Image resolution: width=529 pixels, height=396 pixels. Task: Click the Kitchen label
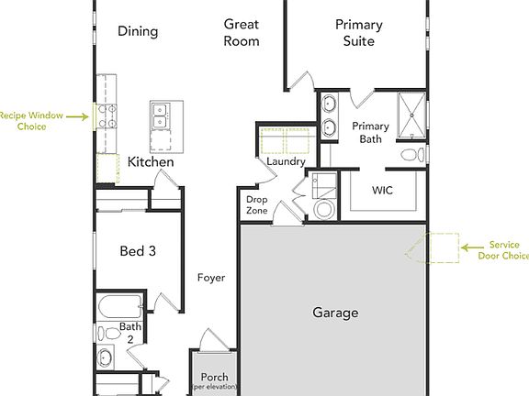(x=151, y=162)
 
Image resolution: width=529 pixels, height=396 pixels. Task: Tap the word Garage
(x=335, y=313)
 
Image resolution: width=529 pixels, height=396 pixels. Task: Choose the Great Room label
(x=242, y=32)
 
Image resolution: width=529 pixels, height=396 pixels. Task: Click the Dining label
(x=138, y=31)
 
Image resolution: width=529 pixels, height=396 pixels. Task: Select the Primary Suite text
(x=358, y=32)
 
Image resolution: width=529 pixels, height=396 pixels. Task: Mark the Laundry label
(x=285, y=162)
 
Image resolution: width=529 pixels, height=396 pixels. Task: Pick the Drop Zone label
(x=257, y=205)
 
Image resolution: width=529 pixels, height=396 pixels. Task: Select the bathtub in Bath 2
(x=120, y=305)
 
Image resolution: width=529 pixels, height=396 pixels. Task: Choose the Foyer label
(x=211, y=277)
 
